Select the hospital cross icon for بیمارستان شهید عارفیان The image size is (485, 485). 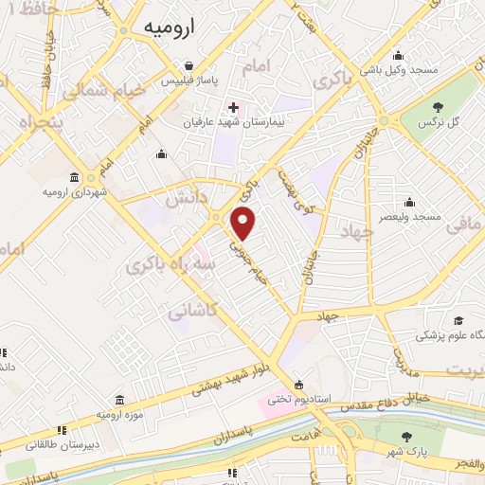point(233,107)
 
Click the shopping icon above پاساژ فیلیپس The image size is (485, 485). point(190,66)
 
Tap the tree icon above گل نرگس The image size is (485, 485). point(438,108)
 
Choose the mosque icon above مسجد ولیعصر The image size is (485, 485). point(408,202)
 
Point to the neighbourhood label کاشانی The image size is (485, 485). point(194,310)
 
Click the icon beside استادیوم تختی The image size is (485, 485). point(299,386)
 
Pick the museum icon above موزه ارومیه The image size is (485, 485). point(119,402)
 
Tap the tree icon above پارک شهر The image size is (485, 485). point(406,437)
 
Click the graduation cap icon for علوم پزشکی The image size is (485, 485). point(458,321)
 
